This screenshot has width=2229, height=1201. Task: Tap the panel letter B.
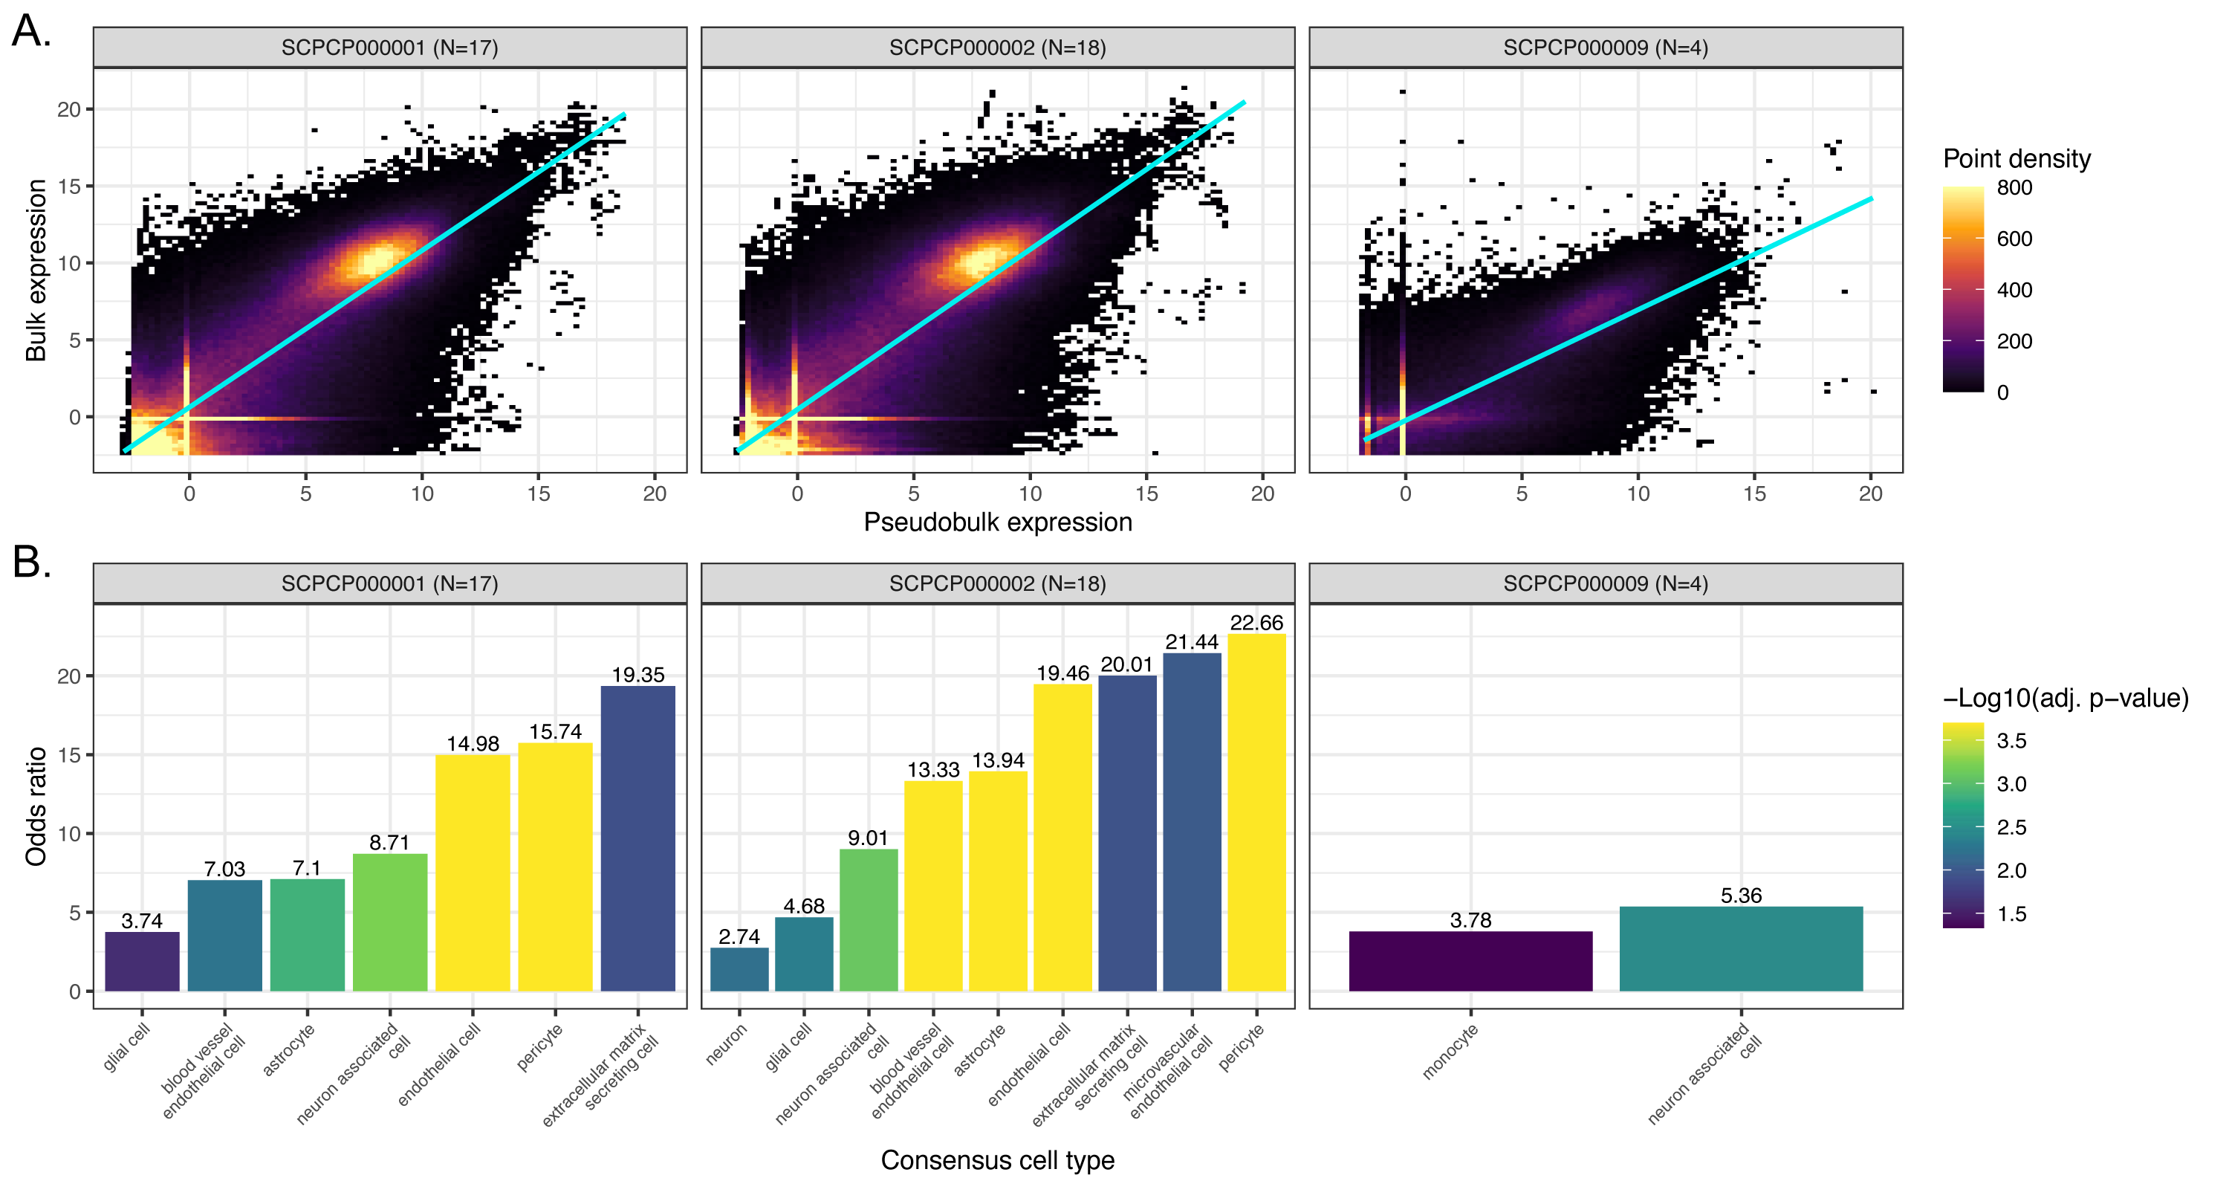(31, 563)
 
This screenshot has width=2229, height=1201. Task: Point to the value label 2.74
(739, 936)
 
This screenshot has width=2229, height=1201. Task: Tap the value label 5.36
(1741, 896)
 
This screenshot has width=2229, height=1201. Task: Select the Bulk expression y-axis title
(36, 270)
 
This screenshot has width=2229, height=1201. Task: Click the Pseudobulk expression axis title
(998, 522)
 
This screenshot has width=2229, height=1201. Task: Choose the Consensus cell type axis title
(998, 1160)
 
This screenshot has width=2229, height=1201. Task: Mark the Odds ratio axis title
(36, 806)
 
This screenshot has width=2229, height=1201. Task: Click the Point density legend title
(2017, 158)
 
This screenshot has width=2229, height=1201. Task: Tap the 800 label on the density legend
(2014, 188)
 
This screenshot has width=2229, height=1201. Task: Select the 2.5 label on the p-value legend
(2011, 827)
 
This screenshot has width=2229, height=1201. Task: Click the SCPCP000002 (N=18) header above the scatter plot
(998, 48)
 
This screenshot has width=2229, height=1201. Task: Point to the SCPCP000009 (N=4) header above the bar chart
(1605, 583)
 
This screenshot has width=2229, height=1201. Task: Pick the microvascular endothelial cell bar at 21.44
(1192, 822)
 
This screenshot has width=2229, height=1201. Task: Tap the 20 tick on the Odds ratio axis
(68, 676)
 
